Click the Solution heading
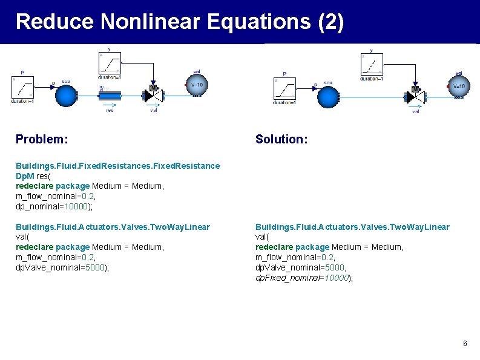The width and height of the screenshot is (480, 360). coord(281,139)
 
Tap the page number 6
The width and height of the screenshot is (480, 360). coord(465,344)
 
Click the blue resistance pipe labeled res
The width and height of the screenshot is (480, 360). coord(110,96)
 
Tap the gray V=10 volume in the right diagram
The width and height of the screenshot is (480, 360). coord(458,86)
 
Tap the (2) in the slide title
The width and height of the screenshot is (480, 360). coord(330,22)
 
